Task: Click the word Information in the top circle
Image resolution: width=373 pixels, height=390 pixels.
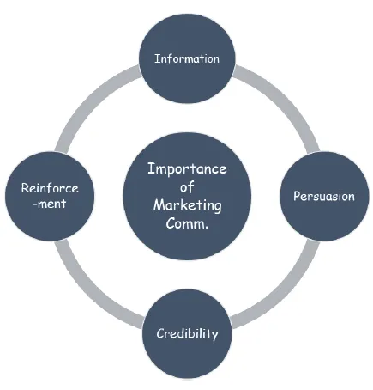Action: coord(187,58)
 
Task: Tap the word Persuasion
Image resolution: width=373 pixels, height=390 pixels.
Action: coord(324,196)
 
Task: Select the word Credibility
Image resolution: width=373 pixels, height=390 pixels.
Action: coord(187,334)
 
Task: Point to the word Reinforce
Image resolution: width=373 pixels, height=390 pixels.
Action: coord(50,188)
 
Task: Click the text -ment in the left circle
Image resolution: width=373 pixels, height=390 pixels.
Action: coord(50,204)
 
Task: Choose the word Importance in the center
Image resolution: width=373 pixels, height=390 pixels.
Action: coord(187,169)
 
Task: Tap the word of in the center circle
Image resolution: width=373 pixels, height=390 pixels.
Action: coord(187,187)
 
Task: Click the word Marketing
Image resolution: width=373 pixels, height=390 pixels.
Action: coord(188,206)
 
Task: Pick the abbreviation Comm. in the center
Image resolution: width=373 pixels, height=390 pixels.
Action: coord(187,223)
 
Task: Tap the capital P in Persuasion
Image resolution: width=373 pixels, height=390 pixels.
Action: coord(297,196)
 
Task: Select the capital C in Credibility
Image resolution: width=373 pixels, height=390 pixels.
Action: coord(160,333)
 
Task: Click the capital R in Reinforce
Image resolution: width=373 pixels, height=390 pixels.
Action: coord(26,188)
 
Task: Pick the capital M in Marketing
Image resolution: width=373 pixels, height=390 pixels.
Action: coord(159,204)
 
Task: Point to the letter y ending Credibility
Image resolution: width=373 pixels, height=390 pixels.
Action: coord(215,336)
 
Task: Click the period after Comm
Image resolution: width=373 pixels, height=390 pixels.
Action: coord(207,228)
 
